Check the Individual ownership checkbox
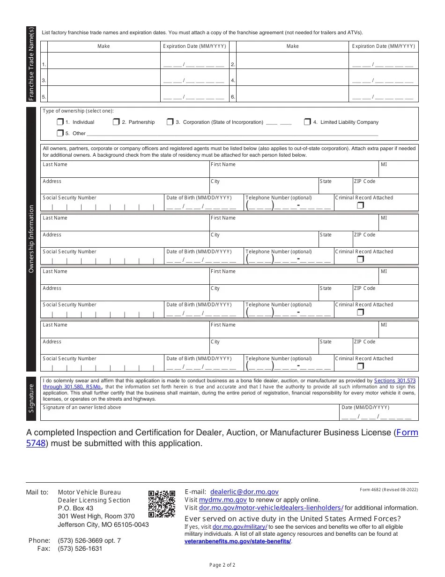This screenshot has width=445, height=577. tap(60, 122)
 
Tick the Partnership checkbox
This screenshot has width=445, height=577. tap(116, 122)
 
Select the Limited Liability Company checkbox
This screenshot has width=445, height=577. tap(307, 122)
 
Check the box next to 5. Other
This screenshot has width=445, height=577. tap(60, 133)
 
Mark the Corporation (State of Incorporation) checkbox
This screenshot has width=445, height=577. tap(170, 122)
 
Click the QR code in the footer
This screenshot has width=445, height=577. tap(162, 504)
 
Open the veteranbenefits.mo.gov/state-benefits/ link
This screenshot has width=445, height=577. tap(237, 541)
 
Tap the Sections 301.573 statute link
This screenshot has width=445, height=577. tap(394, 381)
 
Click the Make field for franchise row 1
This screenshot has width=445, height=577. tap(104, 61)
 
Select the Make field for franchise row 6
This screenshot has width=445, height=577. tap(292, 95)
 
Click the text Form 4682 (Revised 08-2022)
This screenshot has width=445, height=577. tap(389, 490)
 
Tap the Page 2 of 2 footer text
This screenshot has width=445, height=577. tap(222, 565)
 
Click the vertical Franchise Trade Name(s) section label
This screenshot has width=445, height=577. tap(31, 64)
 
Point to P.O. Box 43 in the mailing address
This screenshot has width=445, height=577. tap(75, 508)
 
